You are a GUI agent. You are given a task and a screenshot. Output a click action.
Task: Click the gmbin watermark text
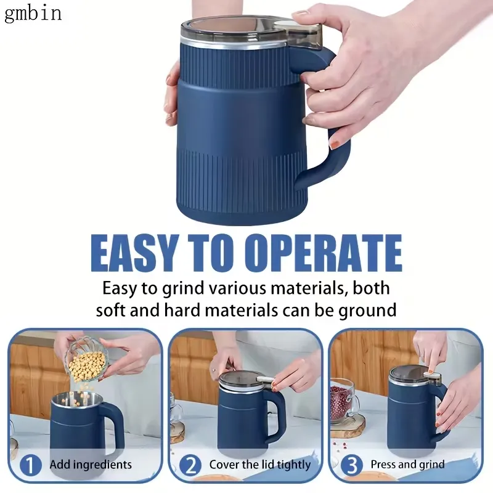(x=33, y=14)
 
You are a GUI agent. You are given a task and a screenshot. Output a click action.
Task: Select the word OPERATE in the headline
(x=323, y=253)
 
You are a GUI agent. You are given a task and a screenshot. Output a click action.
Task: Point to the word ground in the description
(x=367, y=311)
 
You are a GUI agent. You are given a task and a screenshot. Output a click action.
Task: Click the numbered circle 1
(x=30, y=465)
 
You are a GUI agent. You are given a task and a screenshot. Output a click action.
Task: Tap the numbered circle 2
(x=190, y=465)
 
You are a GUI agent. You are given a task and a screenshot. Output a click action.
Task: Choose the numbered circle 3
(x=352, y=465)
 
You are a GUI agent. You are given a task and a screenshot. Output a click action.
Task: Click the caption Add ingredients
(x=91, y=465)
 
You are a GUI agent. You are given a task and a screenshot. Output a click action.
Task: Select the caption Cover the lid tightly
(x=260, y=465)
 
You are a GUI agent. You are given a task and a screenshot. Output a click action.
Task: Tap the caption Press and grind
(x=408, y=465)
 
